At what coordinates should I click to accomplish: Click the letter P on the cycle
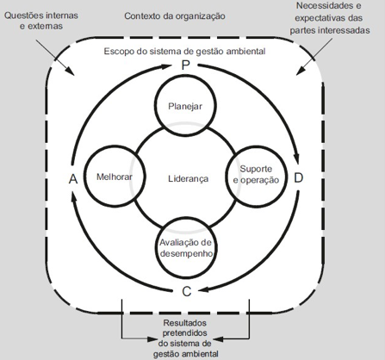(x=186, y=65)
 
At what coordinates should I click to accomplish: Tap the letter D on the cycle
(x=299, y=178)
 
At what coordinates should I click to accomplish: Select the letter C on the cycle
(x=187, y=292)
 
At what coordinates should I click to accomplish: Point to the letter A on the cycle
(x=73, y=179)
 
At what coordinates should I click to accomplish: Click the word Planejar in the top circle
(x=185, y=107)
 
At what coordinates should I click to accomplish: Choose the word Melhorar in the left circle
(x=115, y=177)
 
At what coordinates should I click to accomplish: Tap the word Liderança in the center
(x=188, y=179)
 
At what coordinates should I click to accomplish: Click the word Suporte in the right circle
(x=256, y=169)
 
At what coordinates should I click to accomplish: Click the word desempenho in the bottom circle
(x=186, y=254)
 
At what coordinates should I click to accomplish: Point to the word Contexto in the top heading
(x=142, y=16)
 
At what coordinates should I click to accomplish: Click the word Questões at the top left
(x=23, y=16)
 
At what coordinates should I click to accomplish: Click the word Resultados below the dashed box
(x=185, y=323)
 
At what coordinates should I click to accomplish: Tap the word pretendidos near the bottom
(x=185, y=333)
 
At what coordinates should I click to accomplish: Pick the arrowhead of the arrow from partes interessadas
(x=301, y=71)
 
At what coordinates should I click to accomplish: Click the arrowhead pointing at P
(x=165, y=67)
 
